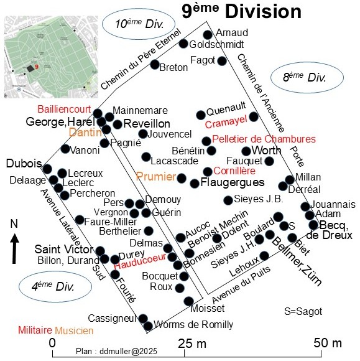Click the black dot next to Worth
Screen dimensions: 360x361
[246, 151]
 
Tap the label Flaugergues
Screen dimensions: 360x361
[233, 182]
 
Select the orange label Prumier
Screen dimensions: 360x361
[156, 177]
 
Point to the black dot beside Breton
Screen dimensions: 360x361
[155, 64]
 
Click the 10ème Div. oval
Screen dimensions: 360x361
[138, 24]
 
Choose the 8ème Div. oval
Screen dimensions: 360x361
[307, 77]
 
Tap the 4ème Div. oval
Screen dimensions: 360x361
[55, 287]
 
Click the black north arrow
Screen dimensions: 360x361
[14, 248]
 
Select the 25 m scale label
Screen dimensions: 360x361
[192, 344]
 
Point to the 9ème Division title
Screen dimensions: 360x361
[241, 11]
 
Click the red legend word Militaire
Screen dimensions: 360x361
[35, 330]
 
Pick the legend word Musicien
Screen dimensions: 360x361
[74, 331]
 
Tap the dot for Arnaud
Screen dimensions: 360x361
[208, 35]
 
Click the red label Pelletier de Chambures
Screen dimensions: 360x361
[264, 139]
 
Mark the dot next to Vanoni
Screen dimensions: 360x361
[65, 149]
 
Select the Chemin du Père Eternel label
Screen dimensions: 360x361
[141, 59]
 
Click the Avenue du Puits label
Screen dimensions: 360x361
[241, 285]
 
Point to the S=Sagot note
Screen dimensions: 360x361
[303, 311]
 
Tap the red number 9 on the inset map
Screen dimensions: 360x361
[37, 67]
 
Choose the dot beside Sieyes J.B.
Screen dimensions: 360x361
[228, 200]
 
